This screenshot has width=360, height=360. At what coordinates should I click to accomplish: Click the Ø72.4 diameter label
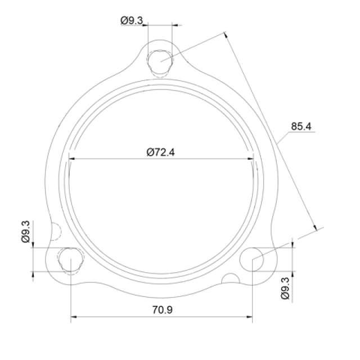(161, 152)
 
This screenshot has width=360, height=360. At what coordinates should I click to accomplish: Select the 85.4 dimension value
(301, 126)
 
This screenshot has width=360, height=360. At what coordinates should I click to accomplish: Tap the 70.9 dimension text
(163, 310)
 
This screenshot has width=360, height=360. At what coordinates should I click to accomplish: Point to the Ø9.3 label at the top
(132, 20)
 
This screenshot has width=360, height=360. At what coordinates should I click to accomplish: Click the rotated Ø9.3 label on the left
(26, 231)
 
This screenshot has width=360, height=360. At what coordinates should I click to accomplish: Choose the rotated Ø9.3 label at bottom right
(285, 288)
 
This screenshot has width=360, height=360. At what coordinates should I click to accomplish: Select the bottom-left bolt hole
(70, 259)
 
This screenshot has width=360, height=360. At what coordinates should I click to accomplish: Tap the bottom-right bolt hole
(252, 259)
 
